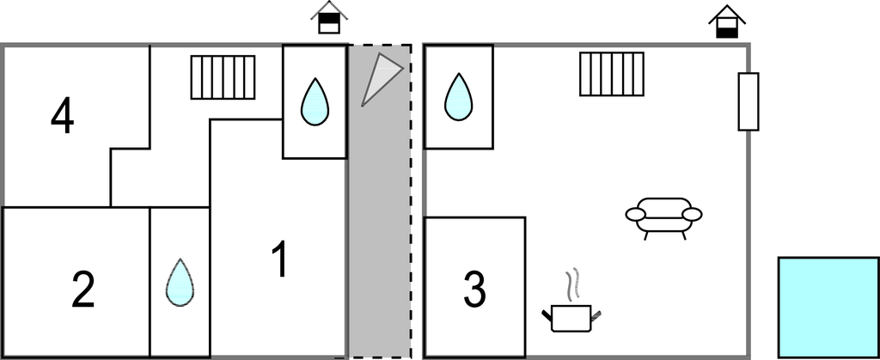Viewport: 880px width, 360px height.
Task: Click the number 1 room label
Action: tap(279, 260)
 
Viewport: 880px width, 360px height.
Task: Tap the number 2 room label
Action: tap(82, 290)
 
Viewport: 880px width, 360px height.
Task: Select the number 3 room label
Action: tap(475, 290)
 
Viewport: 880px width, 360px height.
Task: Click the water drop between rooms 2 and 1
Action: tap(180, 282)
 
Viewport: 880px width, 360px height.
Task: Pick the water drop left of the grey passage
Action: tap(315, 101)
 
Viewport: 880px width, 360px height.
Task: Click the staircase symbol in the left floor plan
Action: tap(223, 77)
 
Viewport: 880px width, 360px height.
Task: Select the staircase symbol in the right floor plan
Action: tap(611, 74)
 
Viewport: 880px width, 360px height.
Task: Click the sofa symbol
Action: tap(663, 215)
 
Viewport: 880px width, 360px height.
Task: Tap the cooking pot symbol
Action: tap(571, 316)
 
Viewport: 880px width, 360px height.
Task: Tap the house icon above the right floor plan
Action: tap(726, 21)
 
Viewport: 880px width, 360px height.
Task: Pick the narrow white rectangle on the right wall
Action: tap(749, 102)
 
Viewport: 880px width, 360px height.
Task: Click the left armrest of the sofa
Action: tap(635, 214)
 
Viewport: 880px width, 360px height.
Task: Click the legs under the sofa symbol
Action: tap(664, 234)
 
